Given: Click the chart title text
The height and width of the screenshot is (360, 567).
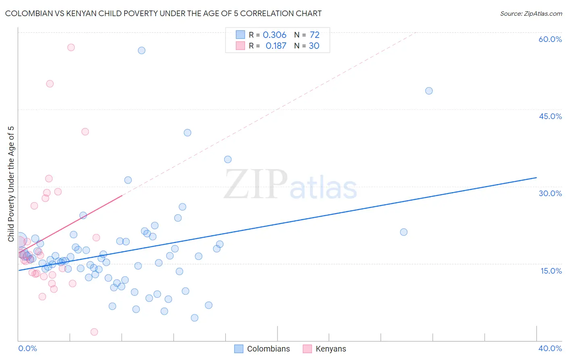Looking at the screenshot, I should (163, 13).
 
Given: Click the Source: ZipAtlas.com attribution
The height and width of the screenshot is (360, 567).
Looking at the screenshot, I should (531, 13).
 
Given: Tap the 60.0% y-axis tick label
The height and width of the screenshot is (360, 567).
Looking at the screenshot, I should (550, 39).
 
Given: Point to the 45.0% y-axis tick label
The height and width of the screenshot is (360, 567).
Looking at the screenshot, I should (550, 116).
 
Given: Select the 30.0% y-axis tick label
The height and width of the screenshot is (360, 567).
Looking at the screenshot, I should (550, 193).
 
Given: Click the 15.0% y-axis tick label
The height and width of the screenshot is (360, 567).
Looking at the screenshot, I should (551, 271).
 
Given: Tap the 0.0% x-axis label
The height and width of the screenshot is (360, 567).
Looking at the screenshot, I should (27, 348).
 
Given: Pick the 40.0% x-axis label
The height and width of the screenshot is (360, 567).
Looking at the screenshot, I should (550, 348).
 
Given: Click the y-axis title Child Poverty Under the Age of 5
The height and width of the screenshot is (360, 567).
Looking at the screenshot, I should (11, 184).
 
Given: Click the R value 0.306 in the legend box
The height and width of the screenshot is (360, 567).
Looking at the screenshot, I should (274, 35).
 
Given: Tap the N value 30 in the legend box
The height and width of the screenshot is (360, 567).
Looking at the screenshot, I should (314, 46).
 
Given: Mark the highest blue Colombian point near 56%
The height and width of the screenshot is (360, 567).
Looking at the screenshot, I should (142, 50).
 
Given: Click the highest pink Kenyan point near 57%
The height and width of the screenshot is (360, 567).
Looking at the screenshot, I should (71, 47).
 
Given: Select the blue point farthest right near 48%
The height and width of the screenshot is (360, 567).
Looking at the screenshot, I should (429, 91).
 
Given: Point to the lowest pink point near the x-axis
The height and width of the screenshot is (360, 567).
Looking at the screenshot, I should (94, 332).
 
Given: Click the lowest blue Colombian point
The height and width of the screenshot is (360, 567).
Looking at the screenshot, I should (194, 318).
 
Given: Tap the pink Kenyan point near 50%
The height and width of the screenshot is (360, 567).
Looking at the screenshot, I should (50, 84).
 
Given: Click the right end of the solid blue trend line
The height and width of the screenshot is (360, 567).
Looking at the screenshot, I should (536, 178).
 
